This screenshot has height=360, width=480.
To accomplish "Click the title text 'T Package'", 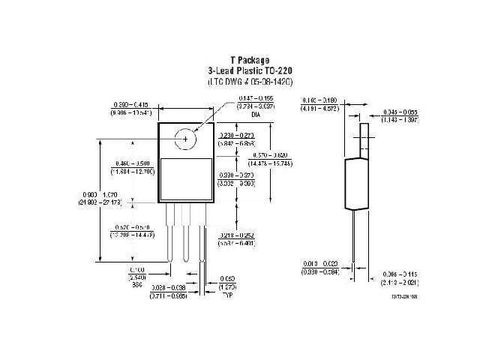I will tap(250, 60).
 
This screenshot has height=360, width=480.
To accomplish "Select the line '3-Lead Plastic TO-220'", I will tap(250, 70).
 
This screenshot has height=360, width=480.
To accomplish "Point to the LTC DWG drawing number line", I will tap(250, 80).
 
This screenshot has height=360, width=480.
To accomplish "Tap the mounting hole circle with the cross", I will tap(184, 138).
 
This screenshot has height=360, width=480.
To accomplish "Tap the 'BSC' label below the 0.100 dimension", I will tap(136, 285).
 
